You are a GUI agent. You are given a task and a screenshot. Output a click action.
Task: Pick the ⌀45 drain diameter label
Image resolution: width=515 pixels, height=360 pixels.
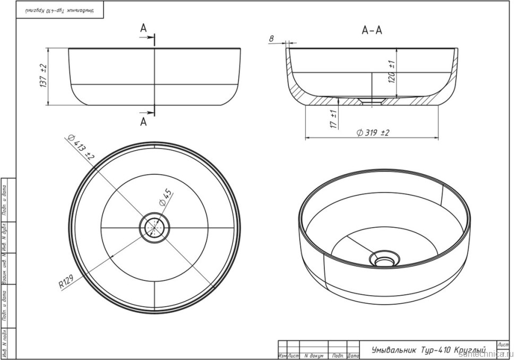click(166, 198)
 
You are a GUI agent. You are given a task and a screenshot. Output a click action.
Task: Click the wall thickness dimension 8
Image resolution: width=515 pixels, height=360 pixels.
click(271, 39)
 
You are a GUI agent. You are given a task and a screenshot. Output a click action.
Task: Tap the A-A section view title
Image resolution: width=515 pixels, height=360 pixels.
click(372, 31)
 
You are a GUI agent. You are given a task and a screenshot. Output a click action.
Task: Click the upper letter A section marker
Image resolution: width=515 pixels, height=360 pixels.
click(143, 29)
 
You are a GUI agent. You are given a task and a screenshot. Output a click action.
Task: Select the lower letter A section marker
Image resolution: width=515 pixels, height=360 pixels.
click(143, 122)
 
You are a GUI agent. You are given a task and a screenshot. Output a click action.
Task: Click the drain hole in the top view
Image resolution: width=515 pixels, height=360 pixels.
click(154, 227)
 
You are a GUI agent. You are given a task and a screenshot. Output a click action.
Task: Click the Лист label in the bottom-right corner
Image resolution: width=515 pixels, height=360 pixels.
click(503, 345)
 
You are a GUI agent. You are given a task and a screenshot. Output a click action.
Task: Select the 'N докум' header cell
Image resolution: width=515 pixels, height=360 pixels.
click(314, 355)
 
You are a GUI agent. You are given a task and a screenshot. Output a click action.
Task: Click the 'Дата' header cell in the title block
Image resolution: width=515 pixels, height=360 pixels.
click(353, 355)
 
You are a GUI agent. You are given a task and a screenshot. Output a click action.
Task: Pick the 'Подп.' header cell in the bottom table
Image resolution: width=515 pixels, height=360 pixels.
click(337, 355)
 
